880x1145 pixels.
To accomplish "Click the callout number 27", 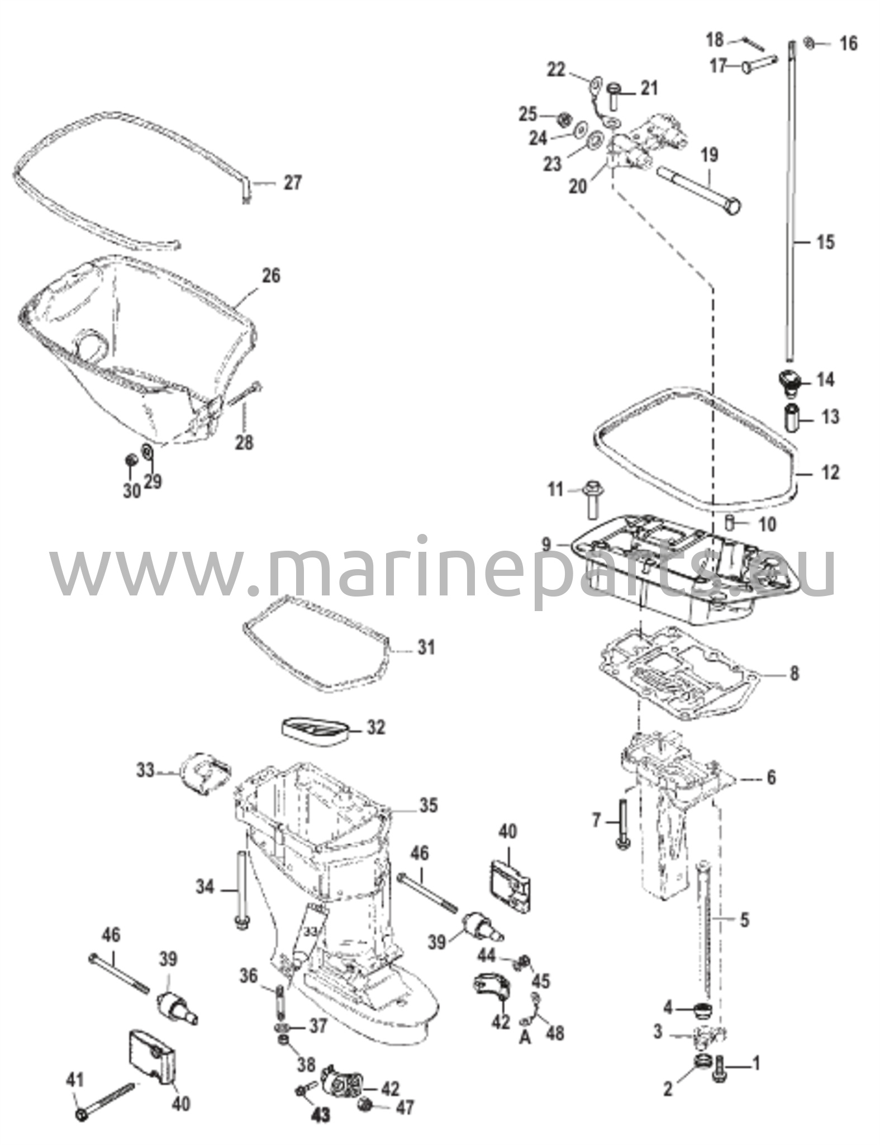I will click(292, 183).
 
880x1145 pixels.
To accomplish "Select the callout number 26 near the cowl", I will click(270, 276).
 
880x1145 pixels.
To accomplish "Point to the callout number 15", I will click(825, 242).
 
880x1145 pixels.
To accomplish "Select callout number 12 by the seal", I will click(831, 472).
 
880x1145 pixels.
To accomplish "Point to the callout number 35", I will click(429, 805).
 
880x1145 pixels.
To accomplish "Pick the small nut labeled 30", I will click(132, 460).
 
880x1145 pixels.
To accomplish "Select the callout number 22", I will click(556, 70).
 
